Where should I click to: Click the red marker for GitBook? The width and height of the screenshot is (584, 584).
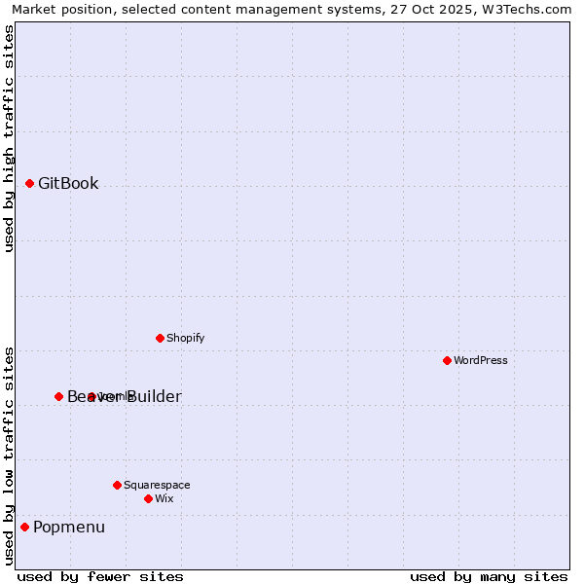30,183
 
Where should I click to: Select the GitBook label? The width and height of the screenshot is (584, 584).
68,184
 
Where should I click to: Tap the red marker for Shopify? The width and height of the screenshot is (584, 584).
160,338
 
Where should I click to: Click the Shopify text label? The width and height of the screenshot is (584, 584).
185,339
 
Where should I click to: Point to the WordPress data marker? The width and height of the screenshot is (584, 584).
447,360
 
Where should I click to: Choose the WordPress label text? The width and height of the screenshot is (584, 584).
481,361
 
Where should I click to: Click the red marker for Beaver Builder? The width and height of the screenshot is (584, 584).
58,396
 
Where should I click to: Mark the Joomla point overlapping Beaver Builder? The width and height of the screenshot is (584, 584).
91,396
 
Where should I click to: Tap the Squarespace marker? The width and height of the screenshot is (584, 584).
117,485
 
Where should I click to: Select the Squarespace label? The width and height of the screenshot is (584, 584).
157,486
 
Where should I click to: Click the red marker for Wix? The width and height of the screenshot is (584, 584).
148,498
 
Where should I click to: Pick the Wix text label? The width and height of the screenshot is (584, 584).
164,499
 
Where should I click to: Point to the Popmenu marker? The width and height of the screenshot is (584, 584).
24,527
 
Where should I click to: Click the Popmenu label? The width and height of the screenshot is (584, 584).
69,528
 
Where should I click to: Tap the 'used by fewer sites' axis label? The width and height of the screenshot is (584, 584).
100,576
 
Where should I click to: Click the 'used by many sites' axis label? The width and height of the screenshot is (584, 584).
489,576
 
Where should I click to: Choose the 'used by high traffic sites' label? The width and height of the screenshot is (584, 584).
10,138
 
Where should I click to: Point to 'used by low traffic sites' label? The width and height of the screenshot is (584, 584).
10,456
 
